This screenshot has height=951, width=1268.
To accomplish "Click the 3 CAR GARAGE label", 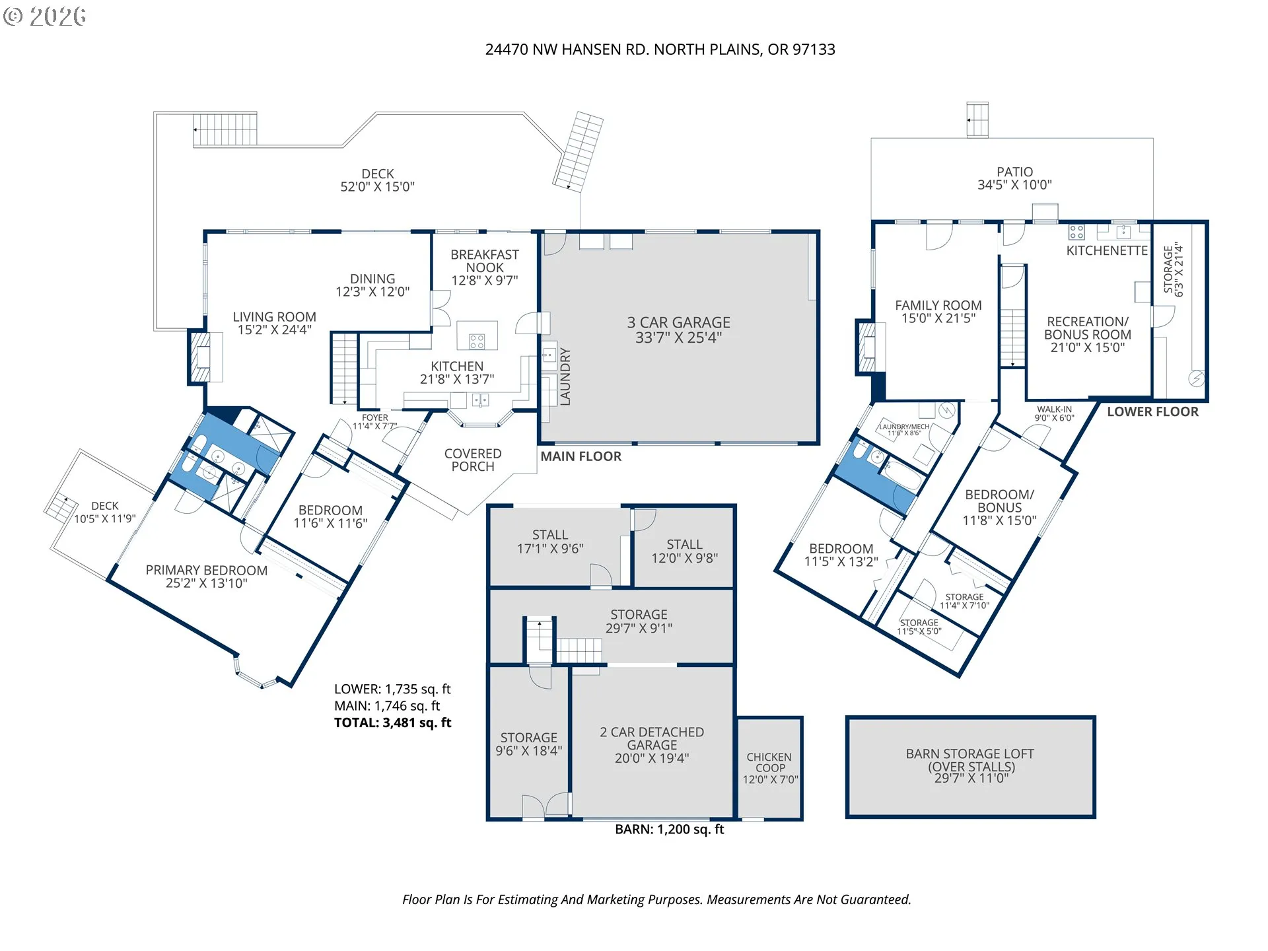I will [x=678, y=330].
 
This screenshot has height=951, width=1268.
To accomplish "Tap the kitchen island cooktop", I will [x=477, y=341].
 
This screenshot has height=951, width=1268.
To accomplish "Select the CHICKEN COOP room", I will [x=770, y=768].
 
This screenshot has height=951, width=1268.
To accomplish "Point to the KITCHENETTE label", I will [x=1107, y=250].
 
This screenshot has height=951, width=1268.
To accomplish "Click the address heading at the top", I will [x=660, y=50].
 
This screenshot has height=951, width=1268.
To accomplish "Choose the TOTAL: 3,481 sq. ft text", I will [x=392, y=722].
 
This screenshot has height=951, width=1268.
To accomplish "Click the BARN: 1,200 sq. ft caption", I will [x=669, y=829].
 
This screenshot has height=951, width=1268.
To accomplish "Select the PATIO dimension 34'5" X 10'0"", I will [x=1014, y=186].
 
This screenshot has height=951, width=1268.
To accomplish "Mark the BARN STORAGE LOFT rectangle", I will [x=970, y=767].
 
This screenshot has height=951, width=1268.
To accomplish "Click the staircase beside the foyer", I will [x=344, y=369].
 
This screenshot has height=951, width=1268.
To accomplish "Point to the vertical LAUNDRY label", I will [x=565, y=376].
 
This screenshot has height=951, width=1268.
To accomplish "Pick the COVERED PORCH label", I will [x=473, y=460].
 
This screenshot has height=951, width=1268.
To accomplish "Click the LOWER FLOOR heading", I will [x=1152, y=412].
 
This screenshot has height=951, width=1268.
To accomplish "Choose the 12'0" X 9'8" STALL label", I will [x=684, y=551].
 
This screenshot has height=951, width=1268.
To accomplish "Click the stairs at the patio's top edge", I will [x=977, y=120].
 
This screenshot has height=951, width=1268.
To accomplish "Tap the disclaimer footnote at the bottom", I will [x=656, y=899].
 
